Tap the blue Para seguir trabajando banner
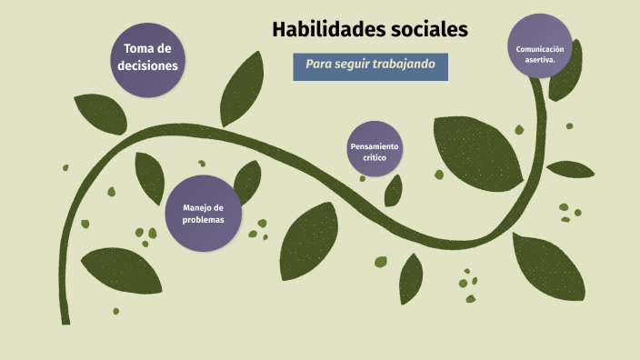point(370,65)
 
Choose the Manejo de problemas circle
point(203,213)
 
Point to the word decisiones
point(147,65)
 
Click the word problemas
point(203,219)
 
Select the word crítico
point(375,157)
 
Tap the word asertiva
point(540,59)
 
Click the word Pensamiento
point(375,145)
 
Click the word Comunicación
point(540,48)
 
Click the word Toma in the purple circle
point(134,48)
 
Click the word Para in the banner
point(317,65)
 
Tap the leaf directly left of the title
point(242,89)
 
